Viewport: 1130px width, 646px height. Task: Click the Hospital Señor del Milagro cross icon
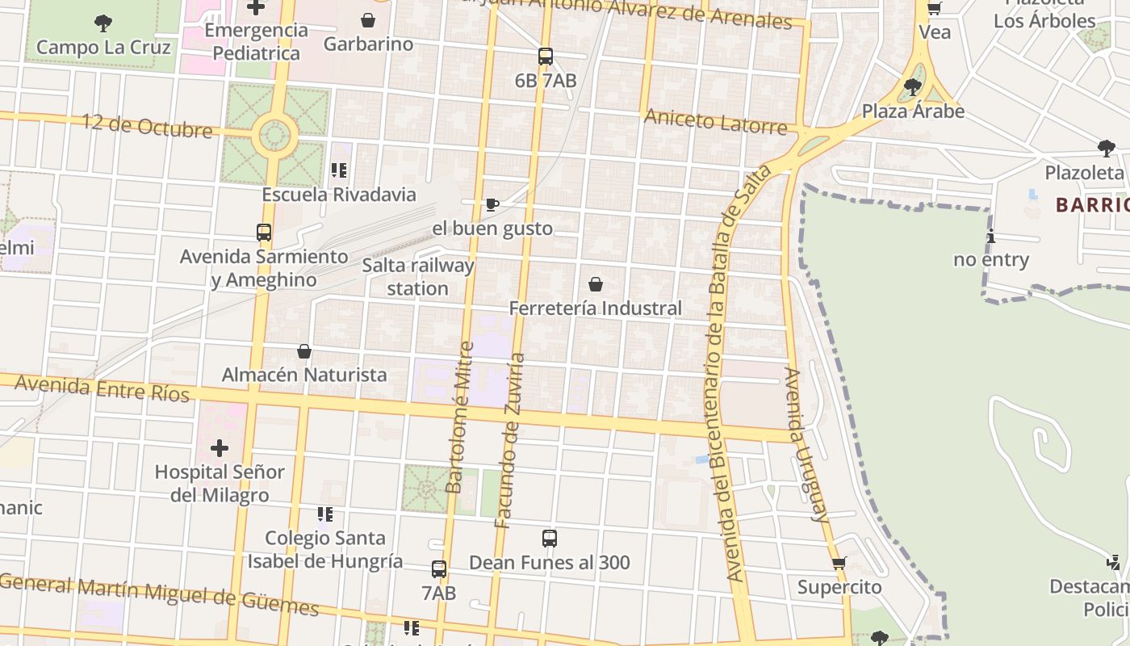[x=220, y=447]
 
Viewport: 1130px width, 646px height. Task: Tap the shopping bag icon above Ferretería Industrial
[x=596, y=284]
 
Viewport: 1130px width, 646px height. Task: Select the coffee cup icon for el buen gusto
[x=492, y=204]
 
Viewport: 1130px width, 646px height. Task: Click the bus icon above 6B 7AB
[x=546, y=57]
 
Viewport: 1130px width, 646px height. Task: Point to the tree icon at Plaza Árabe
[x=913, y=86]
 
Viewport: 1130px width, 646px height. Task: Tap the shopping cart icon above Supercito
[x=839, y=563]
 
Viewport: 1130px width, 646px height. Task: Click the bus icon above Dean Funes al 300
[x=550, y=539]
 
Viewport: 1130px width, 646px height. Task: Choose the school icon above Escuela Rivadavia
[x=339, y=170]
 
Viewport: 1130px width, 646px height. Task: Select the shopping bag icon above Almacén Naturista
[x=304, y=351]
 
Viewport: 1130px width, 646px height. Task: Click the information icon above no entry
[x=991, y=236]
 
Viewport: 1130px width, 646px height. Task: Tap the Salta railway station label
[x=417, y=276]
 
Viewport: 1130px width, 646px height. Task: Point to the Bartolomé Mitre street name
[x=459, y=417]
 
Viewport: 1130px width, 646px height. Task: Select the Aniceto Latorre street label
[x=715, y=122]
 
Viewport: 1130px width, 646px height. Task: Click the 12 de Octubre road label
[x=147, y=126]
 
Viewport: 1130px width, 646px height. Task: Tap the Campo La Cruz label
[x=103, y=47]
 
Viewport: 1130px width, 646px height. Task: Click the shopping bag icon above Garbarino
[x=368, y=19]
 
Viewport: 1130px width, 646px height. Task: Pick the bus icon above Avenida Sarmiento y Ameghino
[x=264, y=233]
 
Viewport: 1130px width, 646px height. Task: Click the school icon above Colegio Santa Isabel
[x=325, y=514]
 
